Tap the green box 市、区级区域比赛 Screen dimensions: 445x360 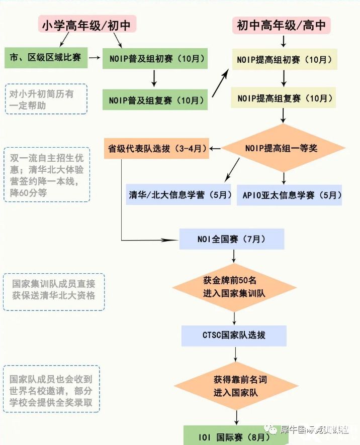pos(46,58)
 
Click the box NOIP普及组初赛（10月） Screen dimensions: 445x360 pos(155,59)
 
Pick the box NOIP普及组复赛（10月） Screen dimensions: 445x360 pos(155,100)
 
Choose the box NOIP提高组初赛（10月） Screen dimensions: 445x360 pos(284,59)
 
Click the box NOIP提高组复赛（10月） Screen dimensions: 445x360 pos(284,98)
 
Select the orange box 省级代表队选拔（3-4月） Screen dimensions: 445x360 pos(156,149)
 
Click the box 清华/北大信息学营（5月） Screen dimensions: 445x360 pos(179,195)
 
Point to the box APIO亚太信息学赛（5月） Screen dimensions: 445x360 pos(289,195)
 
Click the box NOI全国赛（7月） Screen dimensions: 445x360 pos(233,239)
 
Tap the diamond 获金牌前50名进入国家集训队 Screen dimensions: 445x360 pos(233,286)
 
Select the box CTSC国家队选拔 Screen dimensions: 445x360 pos(234,336)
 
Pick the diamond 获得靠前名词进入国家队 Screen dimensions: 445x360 pos(234,386)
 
